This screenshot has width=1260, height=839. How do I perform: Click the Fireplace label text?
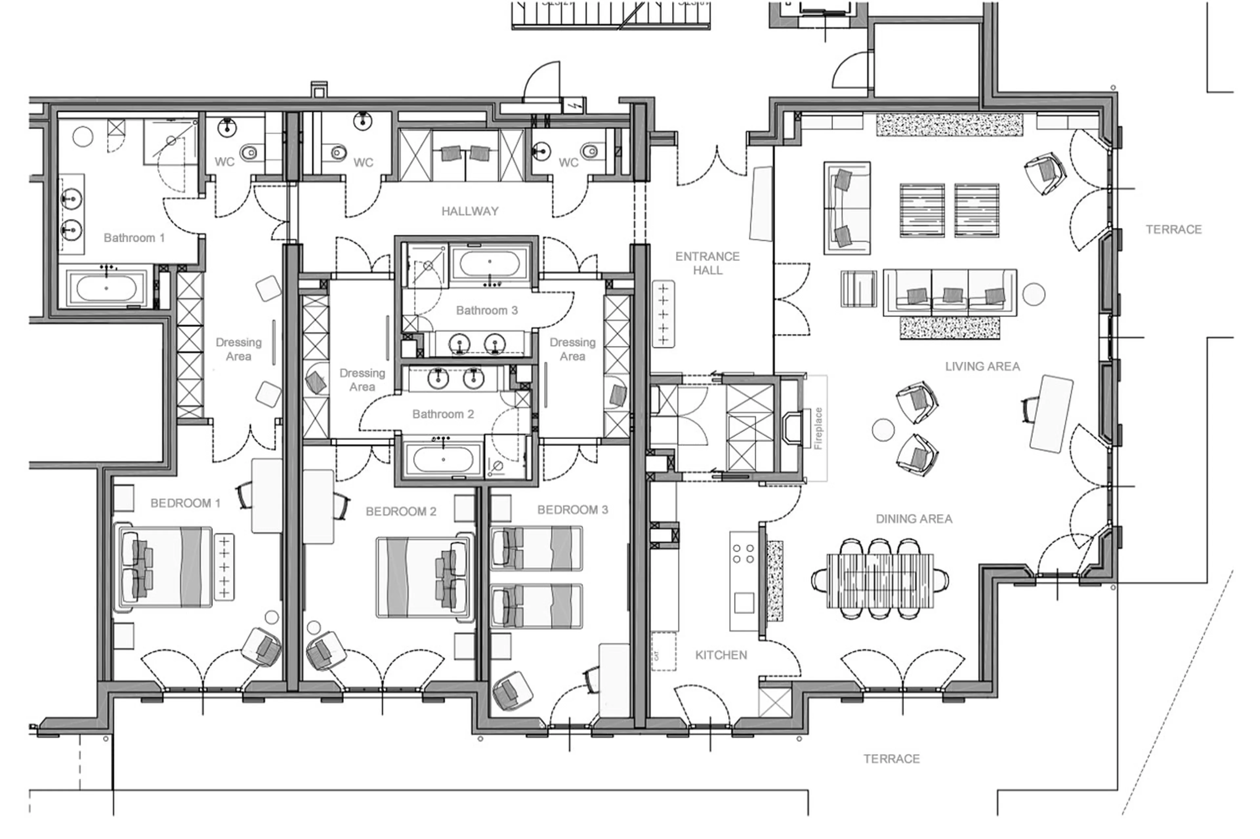pos(818,428)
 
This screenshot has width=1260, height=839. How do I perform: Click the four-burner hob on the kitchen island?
pos(743,553)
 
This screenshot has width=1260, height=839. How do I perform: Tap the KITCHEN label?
pos(721,655)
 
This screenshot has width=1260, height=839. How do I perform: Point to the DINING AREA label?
pos(913,518)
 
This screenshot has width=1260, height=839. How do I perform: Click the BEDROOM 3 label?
pos(573,509)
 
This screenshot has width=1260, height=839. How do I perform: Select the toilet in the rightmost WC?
pos(590,151)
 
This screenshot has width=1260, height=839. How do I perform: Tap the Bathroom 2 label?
pos(443,414)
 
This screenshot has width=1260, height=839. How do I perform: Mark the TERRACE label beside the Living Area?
pos(1173,230)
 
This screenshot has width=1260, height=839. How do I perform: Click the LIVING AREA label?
pos(982,367)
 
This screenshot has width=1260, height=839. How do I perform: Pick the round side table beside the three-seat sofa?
pos(1034,294)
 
